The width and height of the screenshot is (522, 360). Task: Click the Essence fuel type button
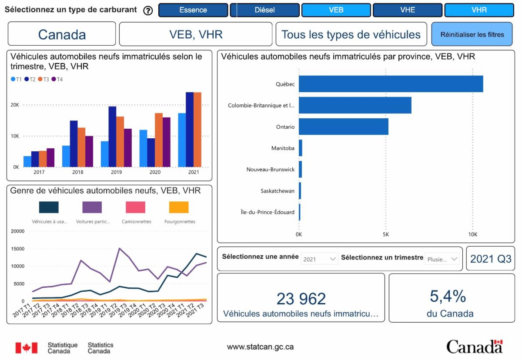click(x=193, y=10)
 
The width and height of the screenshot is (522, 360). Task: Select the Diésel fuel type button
click(x=264, y=10)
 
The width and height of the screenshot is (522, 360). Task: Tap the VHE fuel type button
click(x=408, y=10)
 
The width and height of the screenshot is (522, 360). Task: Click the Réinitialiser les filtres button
click(x=472, y=34)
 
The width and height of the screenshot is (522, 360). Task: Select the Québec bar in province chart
click(x=391, y=84)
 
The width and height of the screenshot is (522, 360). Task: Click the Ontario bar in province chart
click(x=343, y=127)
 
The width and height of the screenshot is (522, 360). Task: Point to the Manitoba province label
click(x=283, y=148)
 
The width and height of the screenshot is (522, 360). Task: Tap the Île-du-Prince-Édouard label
click(x=268, y=212)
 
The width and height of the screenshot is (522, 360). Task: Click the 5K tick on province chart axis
click(x=386, y=234)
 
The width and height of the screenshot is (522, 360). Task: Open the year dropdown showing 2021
click(x=319, y=259)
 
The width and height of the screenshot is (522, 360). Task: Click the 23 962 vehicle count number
click(x=301, y=299)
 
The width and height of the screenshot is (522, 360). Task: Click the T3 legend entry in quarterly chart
click(x=43, y=79)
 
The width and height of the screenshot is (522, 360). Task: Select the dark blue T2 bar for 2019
click(x=112, y=137)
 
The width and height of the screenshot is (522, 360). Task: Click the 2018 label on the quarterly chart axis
click(x=77, y=173)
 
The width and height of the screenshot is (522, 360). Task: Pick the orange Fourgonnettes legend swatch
click(x=179, y=207)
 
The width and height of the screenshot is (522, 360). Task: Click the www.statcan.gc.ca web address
click(x=260, y=347)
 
